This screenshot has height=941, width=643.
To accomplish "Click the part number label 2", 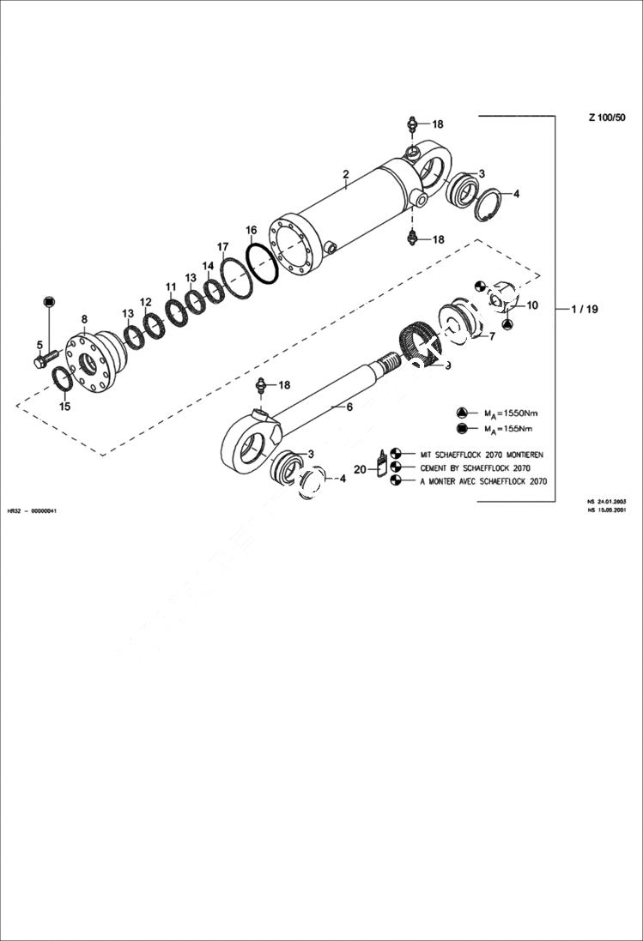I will pyautogui.click(x=345, y=174).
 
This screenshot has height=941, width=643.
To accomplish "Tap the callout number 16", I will pyautogui.click(x=251, y=230).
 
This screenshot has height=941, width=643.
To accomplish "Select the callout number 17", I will pyautogui.click(x=223, y=247).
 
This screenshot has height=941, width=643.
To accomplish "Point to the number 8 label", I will pyautogui.click(x=84, y=319).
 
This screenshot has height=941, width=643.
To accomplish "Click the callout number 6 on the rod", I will pyautogui.click(x=349, y=407).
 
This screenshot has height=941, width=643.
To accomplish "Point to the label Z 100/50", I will pyautogui.click(x=606, y=118).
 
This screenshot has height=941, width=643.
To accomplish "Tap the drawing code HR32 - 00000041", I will pyautogui.click(x=32, y=510).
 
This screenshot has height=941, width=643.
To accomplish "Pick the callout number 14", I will pyautogui.click(x=209, y=266).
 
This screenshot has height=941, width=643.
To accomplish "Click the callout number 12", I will pyautogui.click(x=146, y=302).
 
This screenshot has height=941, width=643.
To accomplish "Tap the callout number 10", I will pyautogui.click(x=532, y=305).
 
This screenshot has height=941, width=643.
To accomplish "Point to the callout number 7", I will pyautogui.click(x=492, y=336).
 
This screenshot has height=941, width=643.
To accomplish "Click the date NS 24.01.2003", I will pyautogui.click(x=607, y=500).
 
